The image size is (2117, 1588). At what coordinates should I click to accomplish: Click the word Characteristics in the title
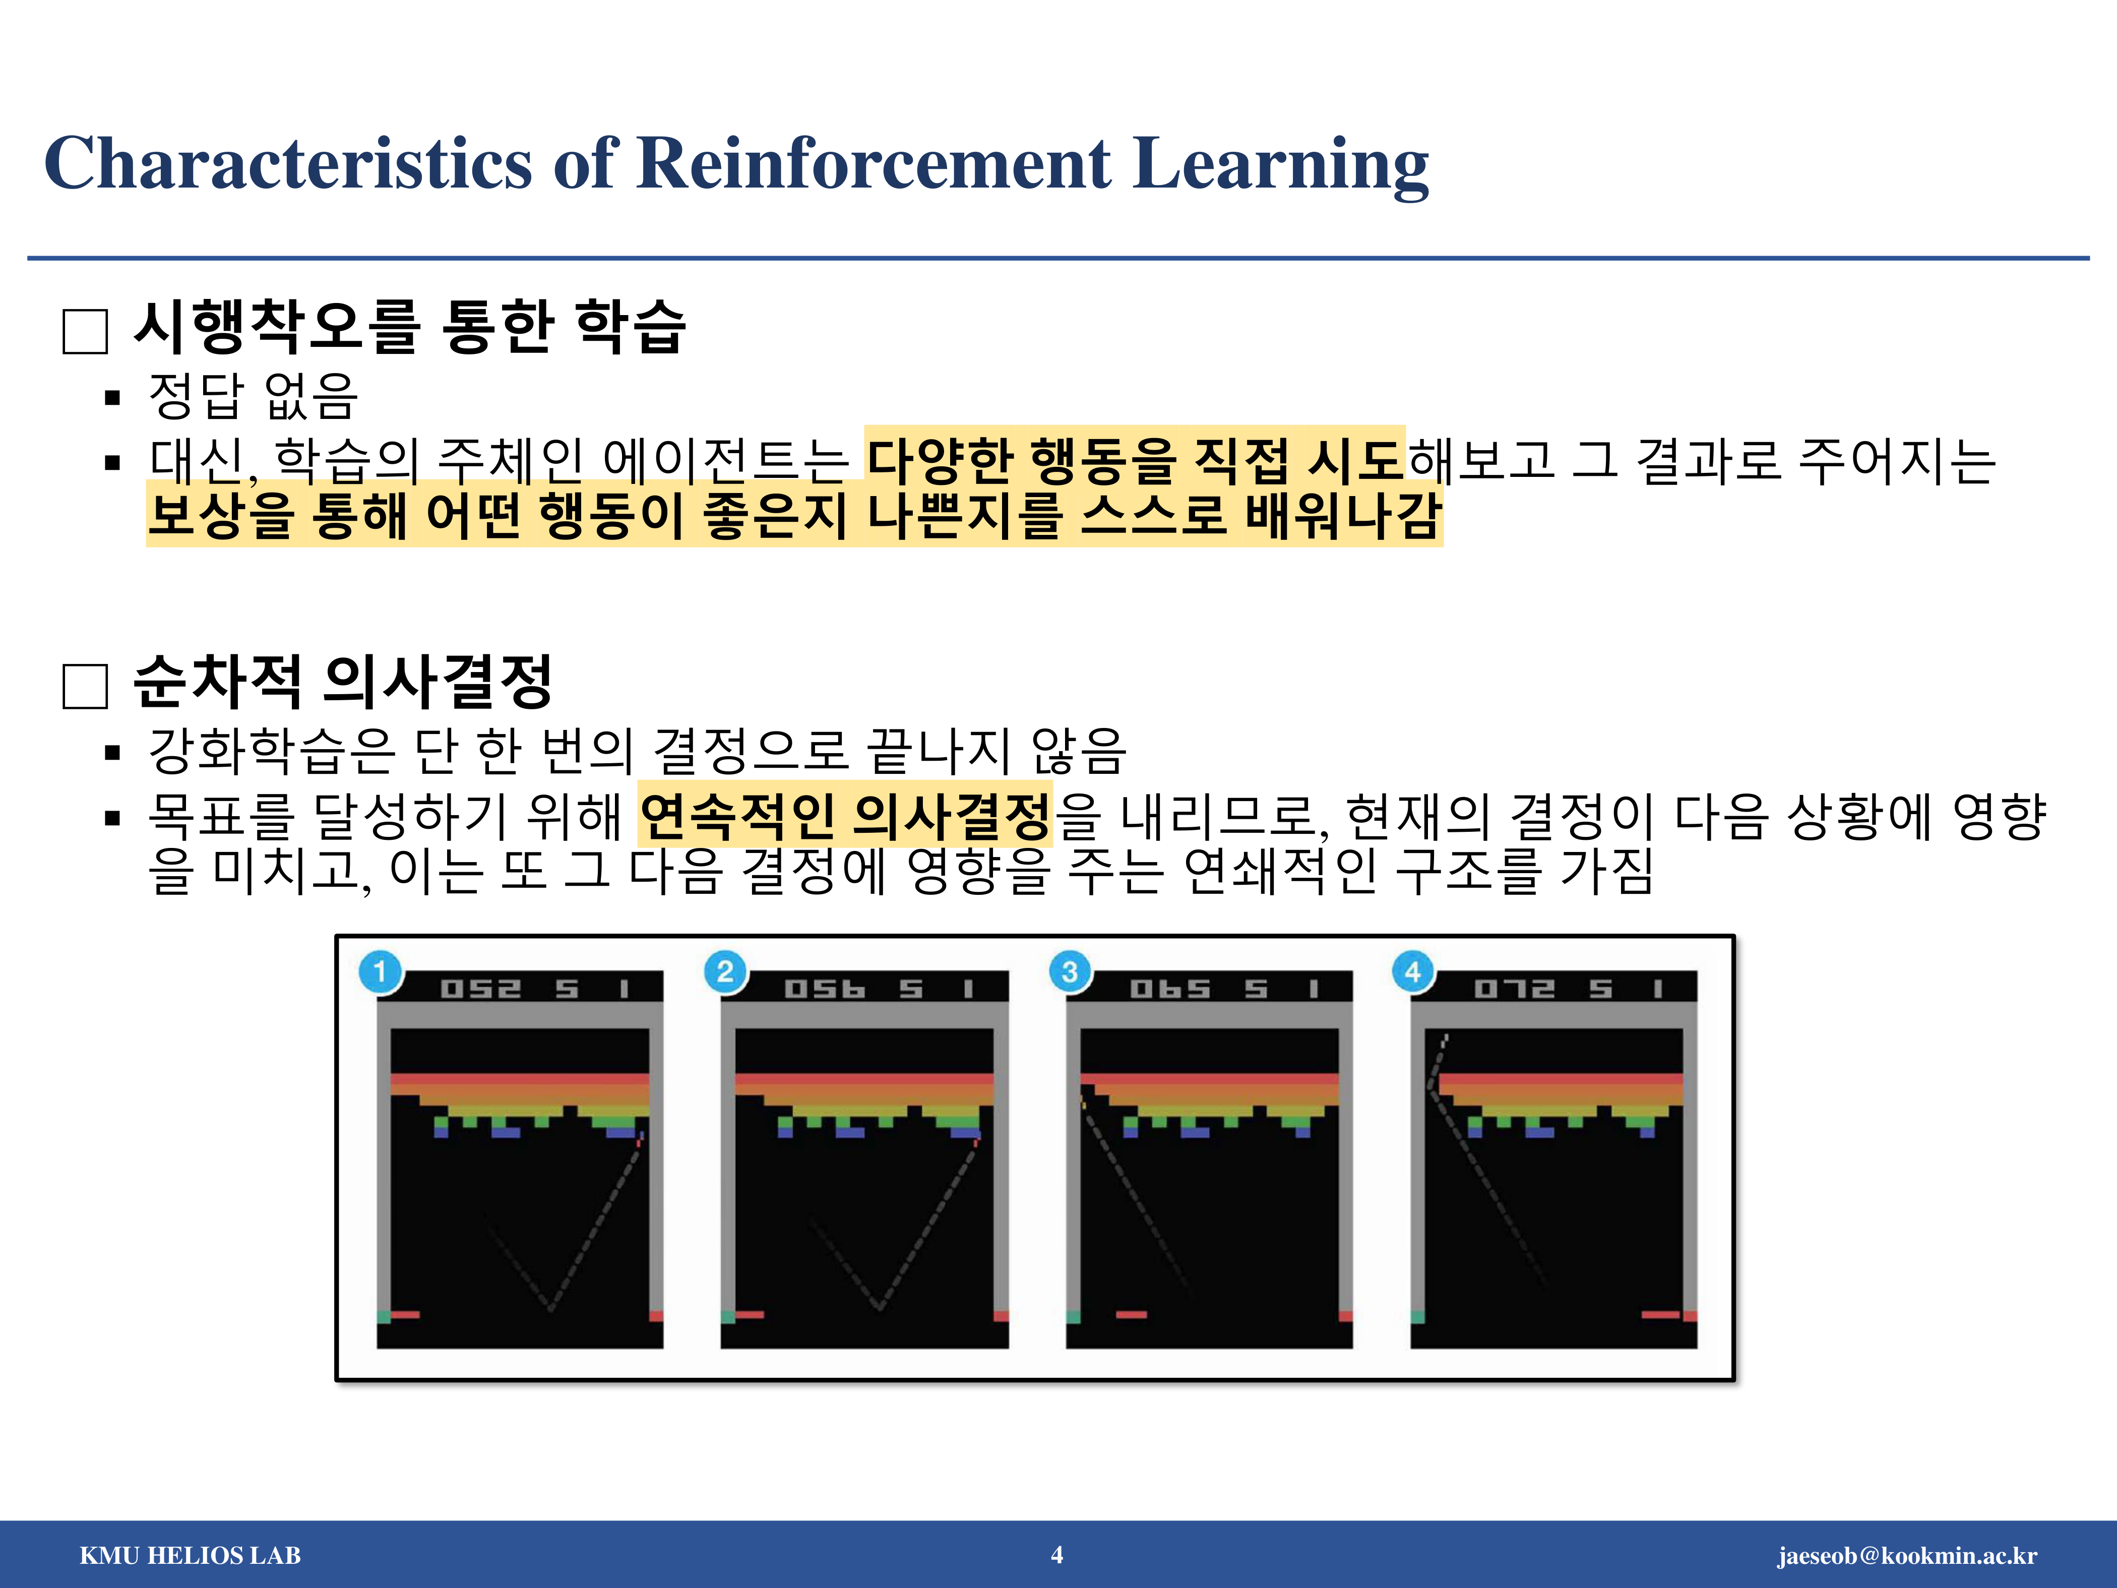point(287,163)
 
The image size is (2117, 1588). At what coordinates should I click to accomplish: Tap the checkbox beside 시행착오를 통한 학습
point(85,331)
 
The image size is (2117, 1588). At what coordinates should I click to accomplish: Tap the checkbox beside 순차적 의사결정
point(85,686)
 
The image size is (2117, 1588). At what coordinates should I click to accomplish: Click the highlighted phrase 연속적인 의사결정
point(846,816)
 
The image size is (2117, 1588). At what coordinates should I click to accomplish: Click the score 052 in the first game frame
point(480,988)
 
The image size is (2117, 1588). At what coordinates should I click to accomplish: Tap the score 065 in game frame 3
point(1169,988)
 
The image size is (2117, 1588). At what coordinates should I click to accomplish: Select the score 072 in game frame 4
point(1514,988)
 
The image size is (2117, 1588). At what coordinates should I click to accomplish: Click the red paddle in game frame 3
point(1131,1314)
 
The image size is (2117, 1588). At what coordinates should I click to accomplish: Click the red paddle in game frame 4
point(1660,1314)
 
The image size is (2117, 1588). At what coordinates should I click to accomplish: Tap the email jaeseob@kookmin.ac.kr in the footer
point(1907,1555)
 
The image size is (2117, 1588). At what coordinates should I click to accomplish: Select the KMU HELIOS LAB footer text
point(191,1555)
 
